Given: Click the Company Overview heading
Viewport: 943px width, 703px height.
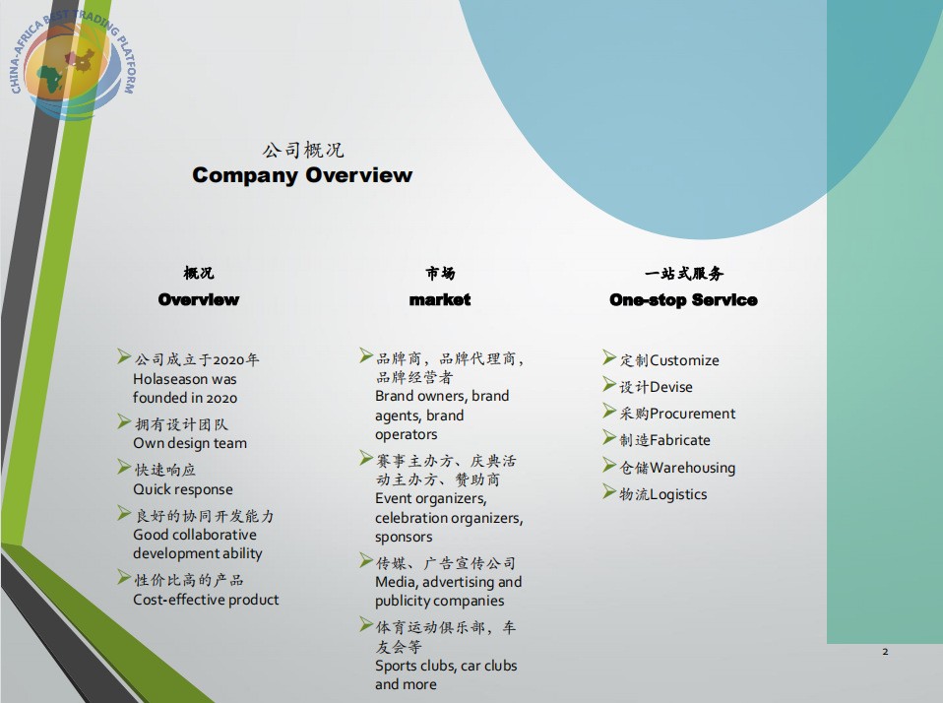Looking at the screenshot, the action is (x=302, y=175).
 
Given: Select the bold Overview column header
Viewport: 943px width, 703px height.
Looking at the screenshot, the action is (x=199, y=299).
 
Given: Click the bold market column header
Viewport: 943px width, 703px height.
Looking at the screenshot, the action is (x=440, y=299).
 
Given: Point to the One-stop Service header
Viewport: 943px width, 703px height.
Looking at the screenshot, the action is (x=683, y=300).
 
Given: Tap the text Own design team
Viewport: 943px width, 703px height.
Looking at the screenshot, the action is (x=190, y=443).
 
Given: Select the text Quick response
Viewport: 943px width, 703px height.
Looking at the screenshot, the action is (x=183, y=489).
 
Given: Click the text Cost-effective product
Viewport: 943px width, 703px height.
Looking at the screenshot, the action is (x=206, y=600).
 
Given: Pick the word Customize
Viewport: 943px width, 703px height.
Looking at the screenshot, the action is (x=684, y=360).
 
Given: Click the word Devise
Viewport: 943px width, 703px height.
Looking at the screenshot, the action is (x=671, y=387).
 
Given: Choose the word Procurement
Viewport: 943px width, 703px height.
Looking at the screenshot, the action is (x=692, y=414).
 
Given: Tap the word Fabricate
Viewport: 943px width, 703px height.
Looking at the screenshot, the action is (x=680, y=440).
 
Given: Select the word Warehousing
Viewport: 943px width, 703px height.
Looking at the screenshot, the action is (x=693, y=468).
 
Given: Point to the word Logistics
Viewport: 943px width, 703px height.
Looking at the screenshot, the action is (x=678, y=494).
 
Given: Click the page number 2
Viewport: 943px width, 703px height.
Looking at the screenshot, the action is (x=885, y=651).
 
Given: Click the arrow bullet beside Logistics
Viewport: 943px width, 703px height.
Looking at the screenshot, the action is (x=609, y=492).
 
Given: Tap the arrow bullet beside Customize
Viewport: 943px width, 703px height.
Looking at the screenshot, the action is (x=609, y=357).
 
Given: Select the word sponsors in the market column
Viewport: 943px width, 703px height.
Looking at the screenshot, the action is (x=404, y=537).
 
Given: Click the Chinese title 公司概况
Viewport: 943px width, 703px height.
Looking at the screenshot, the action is (x=302, y=149).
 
